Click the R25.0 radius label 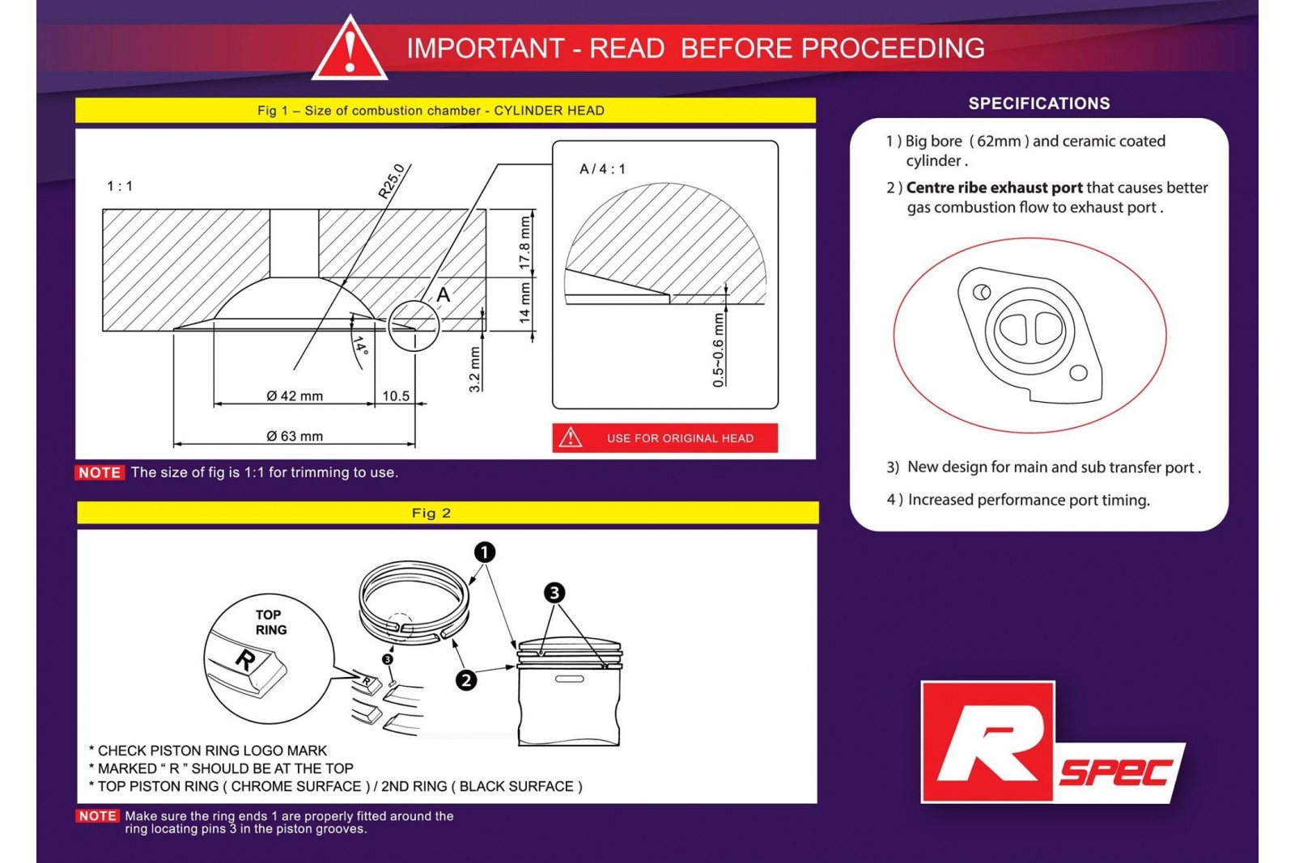coord(392,180)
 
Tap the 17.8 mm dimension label coord(525,243)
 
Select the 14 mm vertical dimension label coord(525,302)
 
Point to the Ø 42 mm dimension coord(295,396)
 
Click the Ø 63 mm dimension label coord(295,437)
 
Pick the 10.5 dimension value coord(396,396)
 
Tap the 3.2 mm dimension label coord(475,370)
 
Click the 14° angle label coord(360,347)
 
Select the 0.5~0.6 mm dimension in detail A coord(719,350)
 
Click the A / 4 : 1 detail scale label coord(602,169)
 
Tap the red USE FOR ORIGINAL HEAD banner coord(664,438)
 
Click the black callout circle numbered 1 coord(484,552)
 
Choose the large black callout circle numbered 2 coord(466,680)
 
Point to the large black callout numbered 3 coord(554,593)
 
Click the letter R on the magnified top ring coord(244,660)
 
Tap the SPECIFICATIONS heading coord(1039,104)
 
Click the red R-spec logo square coord(987,742)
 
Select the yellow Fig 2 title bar coord(448,513)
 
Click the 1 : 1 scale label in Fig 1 coord(120,187)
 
